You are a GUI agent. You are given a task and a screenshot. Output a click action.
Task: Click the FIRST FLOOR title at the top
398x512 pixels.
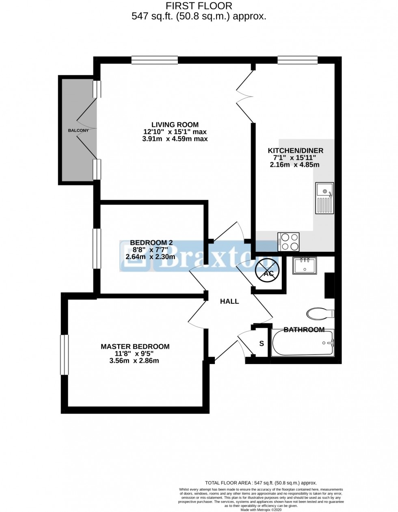click(x=199, y=6)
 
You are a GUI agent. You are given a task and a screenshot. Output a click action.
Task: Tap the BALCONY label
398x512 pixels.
click(x=78, y=131)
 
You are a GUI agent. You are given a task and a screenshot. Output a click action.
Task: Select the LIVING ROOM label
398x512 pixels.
click(x=175, y=124)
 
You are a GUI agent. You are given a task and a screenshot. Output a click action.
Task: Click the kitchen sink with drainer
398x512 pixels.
click(x=324, y=198)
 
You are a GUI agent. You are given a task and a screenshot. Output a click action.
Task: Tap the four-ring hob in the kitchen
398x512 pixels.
click(x=288, y=241)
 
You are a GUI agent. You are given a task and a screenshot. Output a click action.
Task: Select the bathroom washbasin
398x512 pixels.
click(x=304, y=266)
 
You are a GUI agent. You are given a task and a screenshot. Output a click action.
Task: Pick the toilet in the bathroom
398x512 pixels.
click(x=320, y=314)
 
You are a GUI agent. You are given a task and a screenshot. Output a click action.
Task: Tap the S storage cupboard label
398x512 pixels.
click(x=262, y=344)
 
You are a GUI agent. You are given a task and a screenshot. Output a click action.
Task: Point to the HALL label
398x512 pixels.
click(x=229, y=301)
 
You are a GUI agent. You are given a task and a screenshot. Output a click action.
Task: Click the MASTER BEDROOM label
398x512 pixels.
click(x=135, y=346)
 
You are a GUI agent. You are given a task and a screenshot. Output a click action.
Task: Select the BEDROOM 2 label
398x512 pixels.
click(x=151, y=243)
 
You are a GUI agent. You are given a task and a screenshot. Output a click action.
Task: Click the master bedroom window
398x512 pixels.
click(x=64, y=354)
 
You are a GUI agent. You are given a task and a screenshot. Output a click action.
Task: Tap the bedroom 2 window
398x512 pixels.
click(x=97, y=248)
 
